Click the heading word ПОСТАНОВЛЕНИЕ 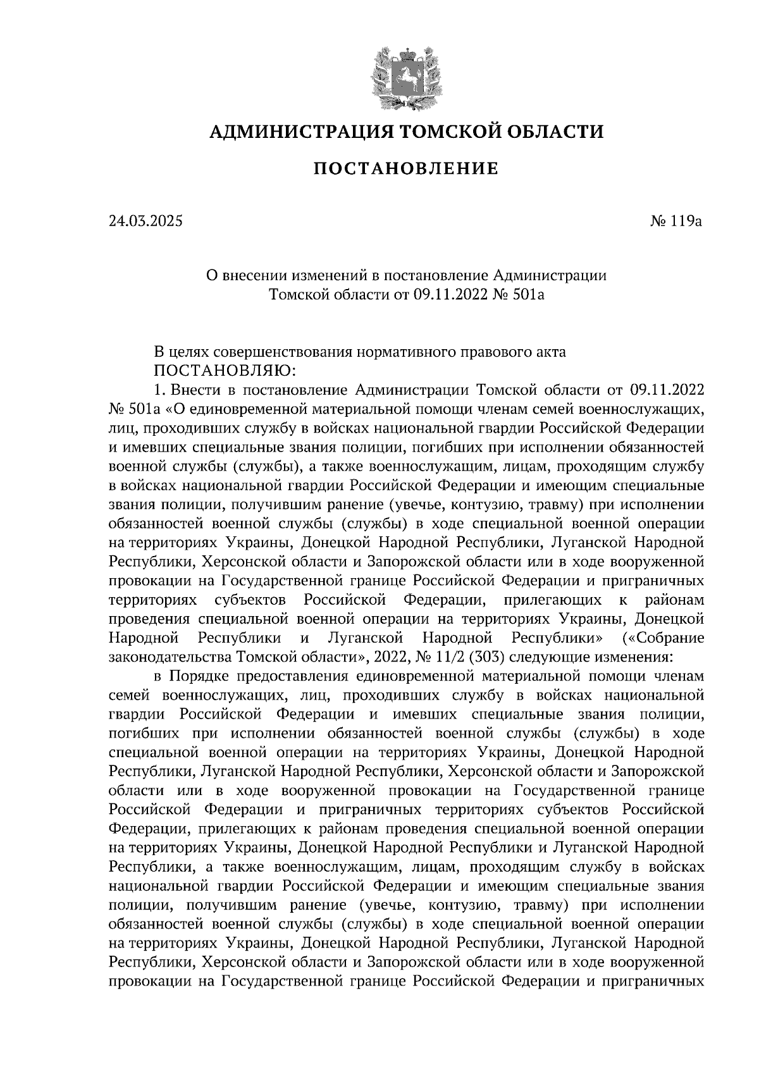(x=406, y=170)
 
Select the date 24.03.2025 (x=145, y=221)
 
